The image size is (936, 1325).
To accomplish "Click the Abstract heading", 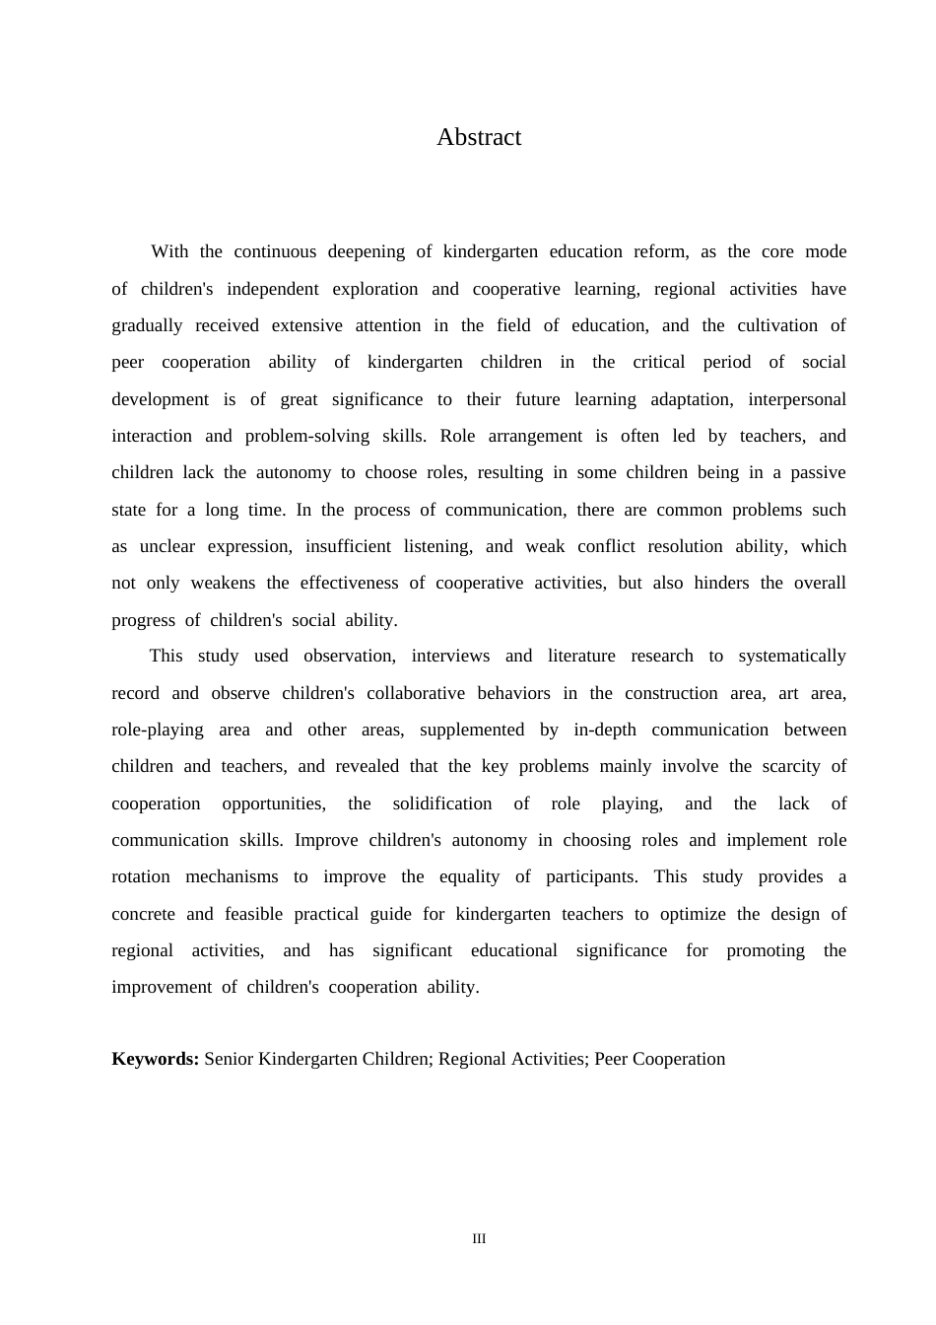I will (479, 137).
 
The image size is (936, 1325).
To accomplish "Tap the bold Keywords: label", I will (156, 1059).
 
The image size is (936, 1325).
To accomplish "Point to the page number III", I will (479, 1239).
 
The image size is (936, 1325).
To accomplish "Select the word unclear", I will (167, 546).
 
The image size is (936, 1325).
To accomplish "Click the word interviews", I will (450, 656).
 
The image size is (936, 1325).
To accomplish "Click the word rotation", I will (141, 876).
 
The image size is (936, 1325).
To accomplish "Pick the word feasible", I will (253, 914).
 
